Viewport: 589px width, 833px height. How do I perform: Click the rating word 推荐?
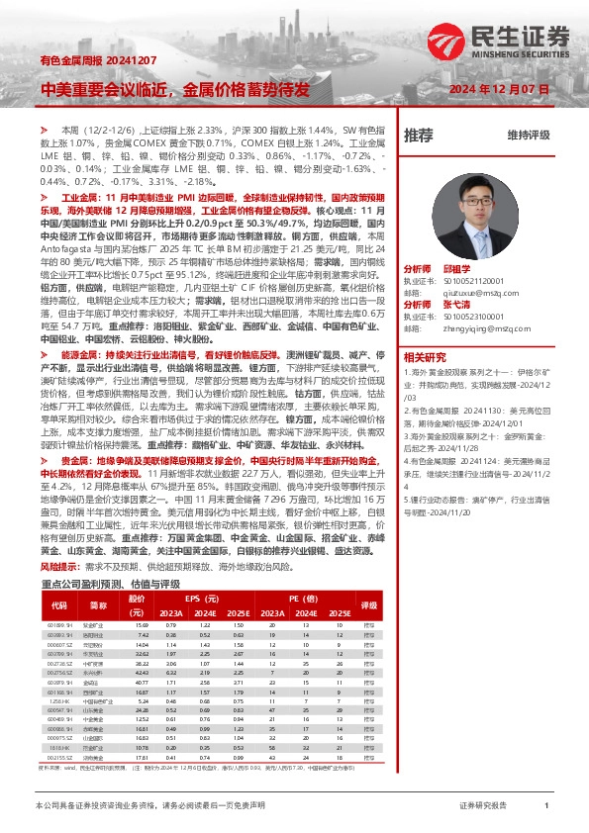tap(420, 135)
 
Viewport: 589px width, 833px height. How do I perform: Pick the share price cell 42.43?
tap(142, 673)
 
